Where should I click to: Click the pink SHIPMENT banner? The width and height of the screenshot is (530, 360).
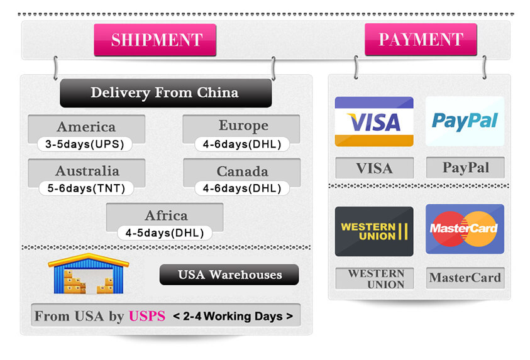coord(155,40)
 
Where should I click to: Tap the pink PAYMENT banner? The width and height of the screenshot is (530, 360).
coord(421,40)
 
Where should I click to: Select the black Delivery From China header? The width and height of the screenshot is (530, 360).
coord(165,93)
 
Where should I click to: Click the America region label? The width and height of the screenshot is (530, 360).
coord(86,127)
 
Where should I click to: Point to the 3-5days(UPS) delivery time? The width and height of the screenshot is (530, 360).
coord(84,144)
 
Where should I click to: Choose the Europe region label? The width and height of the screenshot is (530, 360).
coord(243,126)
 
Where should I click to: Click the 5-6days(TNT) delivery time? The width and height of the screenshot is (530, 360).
coord(86,188)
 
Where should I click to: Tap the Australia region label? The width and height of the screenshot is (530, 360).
coord(87,171)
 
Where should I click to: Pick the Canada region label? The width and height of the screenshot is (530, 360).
coord(242,171)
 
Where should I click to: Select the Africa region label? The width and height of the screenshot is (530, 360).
coord(166,215)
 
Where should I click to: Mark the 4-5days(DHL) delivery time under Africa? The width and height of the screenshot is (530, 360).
coord(165,232)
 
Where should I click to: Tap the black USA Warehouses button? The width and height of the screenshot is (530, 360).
coord(229,275)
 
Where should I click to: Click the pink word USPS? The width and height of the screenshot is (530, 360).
coord(146,316)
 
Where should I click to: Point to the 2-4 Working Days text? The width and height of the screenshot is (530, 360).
coord(233,316)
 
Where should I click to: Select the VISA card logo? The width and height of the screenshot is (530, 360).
coord(373,121)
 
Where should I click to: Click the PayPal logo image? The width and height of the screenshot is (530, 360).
coord(465,121)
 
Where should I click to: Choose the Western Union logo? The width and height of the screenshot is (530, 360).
coord(373,231)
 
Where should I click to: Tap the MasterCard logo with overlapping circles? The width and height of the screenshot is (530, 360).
coord(465,229)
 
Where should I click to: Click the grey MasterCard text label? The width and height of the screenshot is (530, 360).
coord(465,277)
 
